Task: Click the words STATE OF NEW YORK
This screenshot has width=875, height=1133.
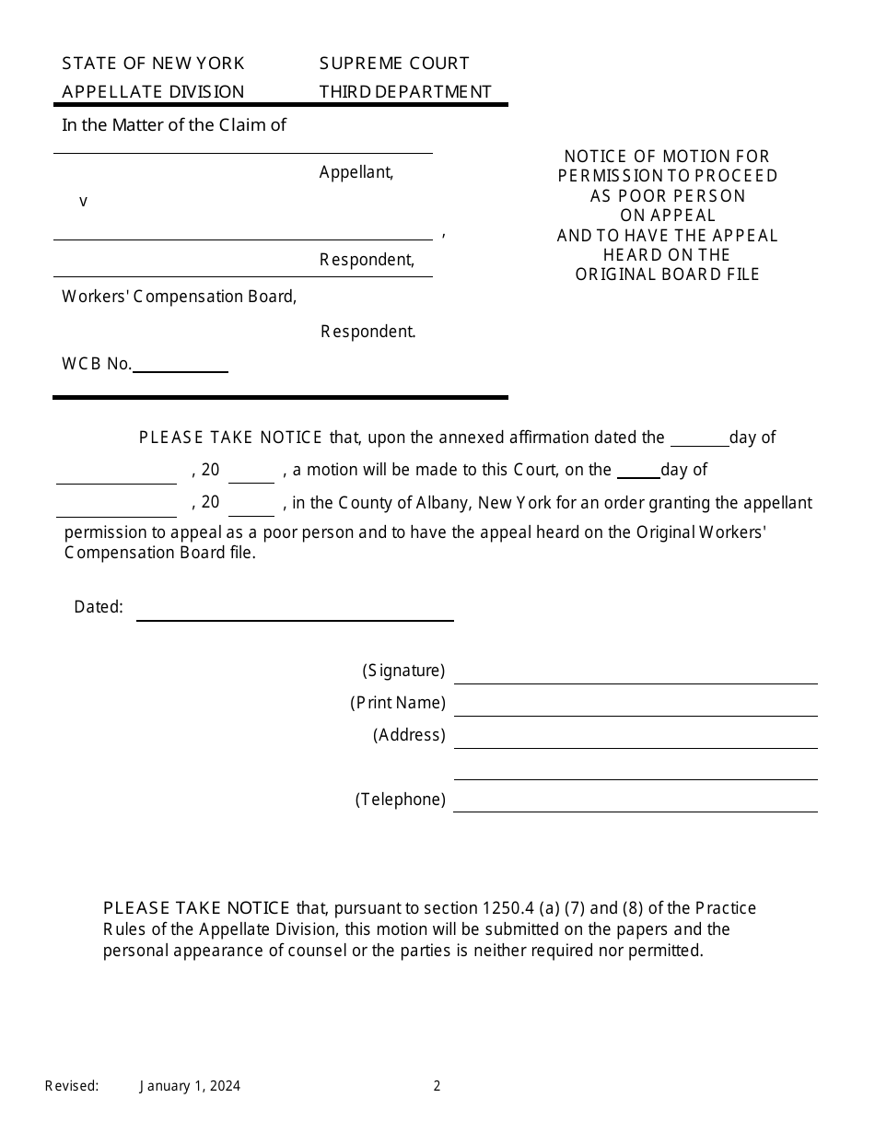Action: click(153, 64)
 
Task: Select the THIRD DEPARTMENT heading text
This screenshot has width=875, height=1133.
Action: click(405, 91)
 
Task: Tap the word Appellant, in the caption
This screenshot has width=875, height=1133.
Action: click(356, 172)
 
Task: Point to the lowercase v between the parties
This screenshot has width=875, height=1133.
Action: click(83, 201)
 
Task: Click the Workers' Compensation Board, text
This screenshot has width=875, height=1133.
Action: click(180, 297)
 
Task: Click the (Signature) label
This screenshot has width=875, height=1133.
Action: click(403, 671)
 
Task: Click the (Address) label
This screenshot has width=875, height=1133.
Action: click(409, 735)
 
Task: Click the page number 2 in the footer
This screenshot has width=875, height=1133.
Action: click(437, 1086)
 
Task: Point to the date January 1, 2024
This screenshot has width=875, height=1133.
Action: click(191, 1086)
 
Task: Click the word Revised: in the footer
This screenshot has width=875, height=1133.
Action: click(72, 1086)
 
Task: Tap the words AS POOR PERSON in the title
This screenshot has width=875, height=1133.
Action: click(668, 196)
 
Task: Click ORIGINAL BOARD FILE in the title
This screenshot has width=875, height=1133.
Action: click(668, 274)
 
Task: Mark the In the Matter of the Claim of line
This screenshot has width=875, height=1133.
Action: click(174, 125)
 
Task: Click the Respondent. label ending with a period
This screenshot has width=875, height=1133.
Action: click(368, 332)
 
